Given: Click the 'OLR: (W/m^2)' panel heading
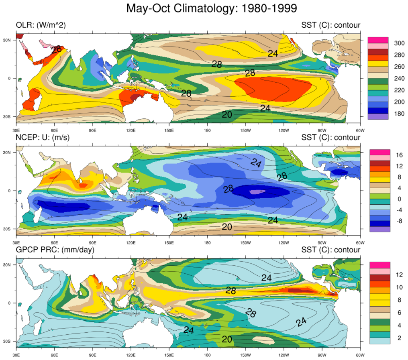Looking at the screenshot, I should (41, 25).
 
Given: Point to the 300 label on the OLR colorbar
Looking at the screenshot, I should (399, 43).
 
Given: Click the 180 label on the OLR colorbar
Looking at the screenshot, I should (399, 113).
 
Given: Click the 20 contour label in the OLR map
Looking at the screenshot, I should (227, 114).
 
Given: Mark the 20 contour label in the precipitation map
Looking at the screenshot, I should (227, 340).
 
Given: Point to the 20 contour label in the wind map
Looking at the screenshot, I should (227, 227).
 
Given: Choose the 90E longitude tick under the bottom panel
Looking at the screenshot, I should (93, 355).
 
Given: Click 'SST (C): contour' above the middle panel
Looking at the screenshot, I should (331, 138).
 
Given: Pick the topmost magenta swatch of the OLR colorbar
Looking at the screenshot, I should (378, 40).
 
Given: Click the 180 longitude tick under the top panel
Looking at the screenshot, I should (208, 130).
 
